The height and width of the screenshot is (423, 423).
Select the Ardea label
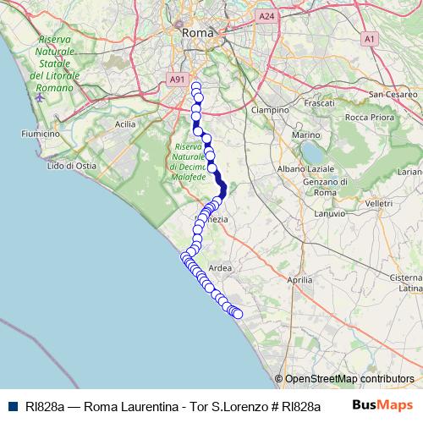(220, 267)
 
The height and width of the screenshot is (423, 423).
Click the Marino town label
(305, 135)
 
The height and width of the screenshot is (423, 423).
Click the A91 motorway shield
(177, 79)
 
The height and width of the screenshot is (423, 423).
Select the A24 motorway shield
(267, 15)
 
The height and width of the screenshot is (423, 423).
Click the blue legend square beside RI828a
(10, 406)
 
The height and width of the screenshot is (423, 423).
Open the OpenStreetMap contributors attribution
(349, 379)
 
